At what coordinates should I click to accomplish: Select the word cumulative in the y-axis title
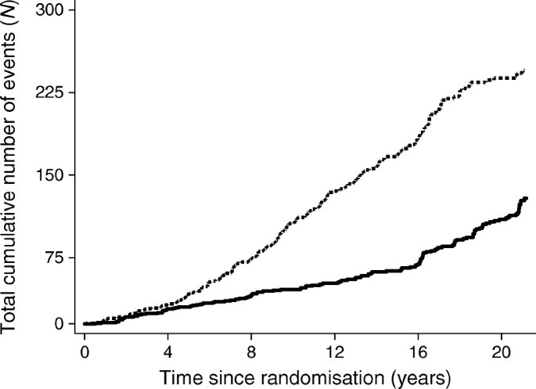(13, 227)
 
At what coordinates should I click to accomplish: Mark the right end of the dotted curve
(523, 71)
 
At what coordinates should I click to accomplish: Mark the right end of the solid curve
(526, 198)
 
